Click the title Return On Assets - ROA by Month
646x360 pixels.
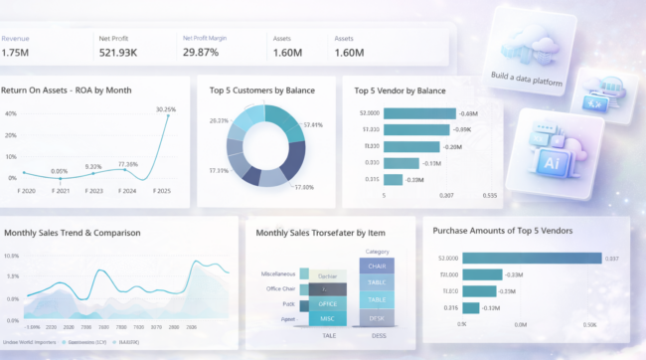[80, 90]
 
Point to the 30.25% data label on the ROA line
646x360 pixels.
[166, 109]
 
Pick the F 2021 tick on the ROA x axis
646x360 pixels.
[60, 189]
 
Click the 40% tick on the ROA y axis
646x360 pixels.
[10, 113]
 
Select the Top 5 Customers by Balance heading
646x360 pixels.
[262, 90]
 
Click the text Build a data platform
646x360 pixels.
[526, 78]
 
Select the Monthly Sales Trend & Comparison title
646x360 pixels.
[72, 233]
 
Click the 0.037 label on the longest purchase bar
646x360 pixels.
[612, 259]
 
